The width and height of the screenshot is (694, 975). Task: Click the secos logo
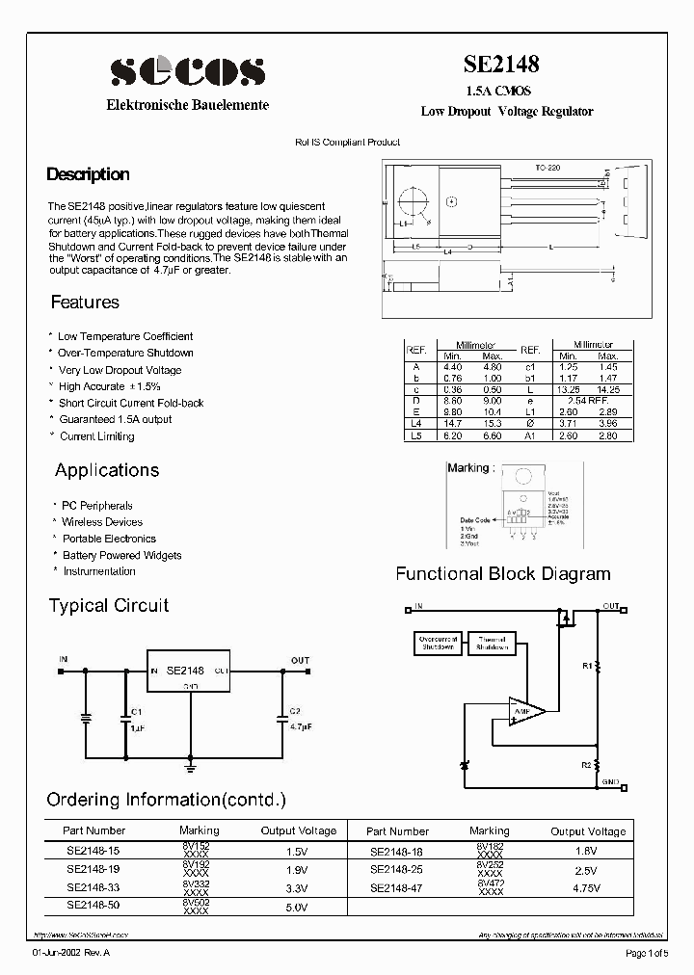(x=187, y=70)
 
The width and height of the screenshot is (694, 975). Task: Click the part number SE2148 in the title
(x=501, y=65)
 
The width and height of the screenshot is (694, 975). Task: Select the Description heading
(x=88, y=174)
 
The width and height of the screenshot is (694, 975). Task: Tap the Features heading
(x=85, y=303)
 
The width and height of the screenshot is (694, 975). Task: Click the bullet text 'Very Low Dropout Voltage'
(x=120, y=370)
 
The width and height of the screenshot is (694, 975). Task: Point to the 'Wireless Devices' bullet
(x=102, y=522)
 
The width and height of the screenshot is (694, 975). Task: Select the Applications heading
(x=107, y=470)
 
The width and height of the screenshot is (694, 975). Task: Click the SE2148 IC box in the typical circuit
(x=187, y=671)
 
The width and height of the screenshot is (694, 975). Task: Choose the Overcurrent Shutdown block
(x=438, y=644)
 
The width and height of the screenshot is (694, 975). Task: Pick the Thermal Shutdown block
(x=491, y=644)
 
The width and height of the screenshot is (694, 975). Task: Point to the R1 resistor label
(x=586, y=666)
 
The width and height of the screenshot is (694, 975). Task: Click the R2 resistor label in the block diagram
(x=586, y=764)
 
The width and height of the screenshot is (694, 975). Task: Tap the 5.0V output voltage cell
(x=297, y=908)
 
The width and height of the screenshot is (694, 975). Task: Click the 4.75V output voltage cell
(x=587, y=888)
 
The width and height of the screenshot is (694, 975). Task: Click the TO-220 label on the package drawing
(x=548, y=168)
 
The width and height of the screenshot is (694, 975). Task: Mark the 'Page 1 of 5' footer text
(x=646, y=954)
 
